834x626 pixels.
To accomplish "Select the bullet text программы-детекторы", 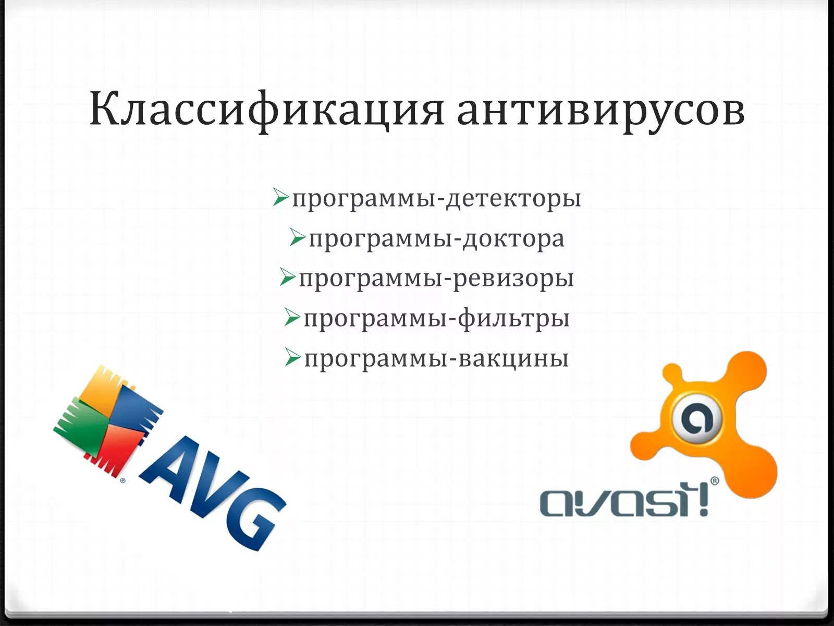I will pyautogui.click(x=436, y=199).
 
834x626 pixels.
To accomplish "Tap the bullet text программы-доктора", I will pyautogui.click(x=436, y=239).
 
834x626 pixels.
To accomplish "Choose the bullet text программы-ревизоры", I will pyautogui.click(x=436, y=279).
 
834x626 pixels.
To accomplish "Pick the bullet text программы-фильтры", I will pyautogui.click(x=436, y=319).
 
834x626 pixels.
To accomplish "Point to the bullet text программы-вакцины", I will pyautogui.click(x=436, y=359).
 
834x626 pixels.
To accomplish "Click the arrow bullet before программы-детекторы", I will pyautogui.click(x=280, y=197).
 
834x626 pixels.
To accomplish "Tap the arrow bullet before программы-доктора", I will pyautogui.click(x=297, y=237).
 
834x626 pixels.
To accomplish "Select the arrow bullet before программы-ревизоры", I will pyautogui.click(x=287, y=277).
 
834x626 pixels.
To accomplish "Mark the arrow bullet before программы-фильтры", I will pyautogui.click(x=292, y=317).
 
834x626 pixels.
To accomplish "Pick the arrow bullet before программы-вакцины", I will pyautogui.click(x=292, y=357).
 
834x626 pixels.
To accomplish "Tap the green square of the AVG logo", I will pyautogui.click(x=83, y=428).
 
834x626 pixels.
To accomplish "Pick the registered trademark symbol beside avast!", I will pyautogui.click(x=714, y=480).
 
